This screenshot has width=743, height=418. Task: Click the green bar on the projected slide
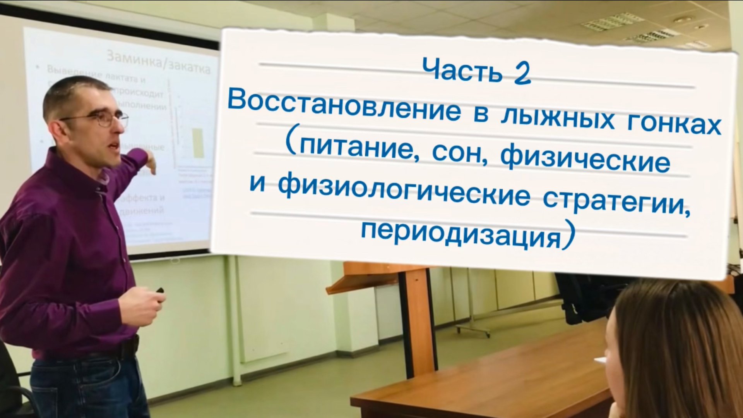pos(198,143)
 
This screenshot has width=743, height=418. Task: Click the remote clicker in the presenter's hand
pos(159,290)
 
